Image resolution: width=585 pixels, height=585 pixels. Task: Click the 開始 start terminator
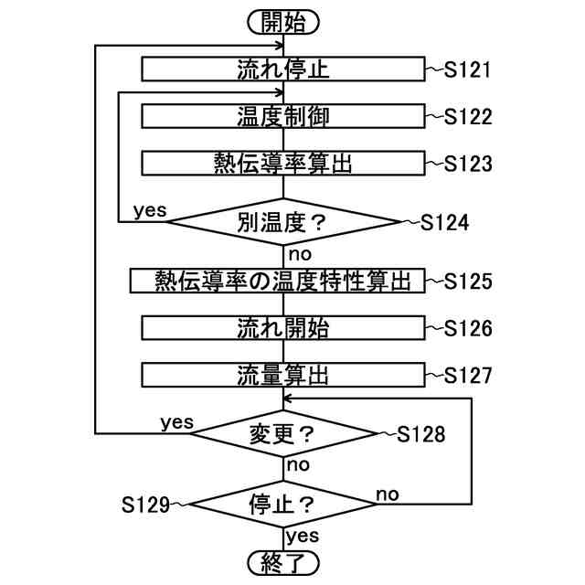283,23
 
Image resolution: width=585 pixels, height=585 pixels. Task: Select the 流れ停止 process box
283,69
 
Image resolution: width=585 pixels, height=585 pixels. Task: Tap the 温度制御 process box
283,116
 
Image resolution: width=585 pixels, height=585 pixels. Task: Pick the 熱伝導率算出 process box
283,164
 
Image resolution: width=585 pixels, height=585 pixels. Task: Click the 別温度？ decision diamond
283,221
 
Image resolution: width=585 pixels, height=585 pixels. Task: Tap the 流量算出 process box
283,375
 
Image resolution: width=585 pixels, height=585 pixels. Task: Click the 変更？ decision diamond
283,434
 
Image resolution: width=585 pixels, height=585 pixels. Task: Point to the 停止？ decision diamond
283,503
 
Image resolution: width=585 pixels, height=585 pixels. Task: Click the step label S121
468,69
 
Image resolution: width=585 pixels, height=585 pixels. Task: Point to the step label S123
468,164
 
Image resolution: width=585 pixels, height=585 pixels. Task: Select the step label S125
468,281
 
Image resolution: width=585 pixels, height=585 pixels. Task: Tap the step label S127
468,375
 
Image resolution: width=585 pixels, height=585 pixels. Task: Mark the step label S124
445,222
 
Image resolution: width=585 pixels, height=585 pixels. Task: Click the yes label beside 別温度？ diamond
150,210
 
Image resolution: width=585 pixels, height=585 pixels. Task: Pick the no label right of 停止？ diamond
388,494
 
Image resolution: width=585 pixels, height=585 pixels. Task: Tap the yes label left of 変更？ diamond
177,422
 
